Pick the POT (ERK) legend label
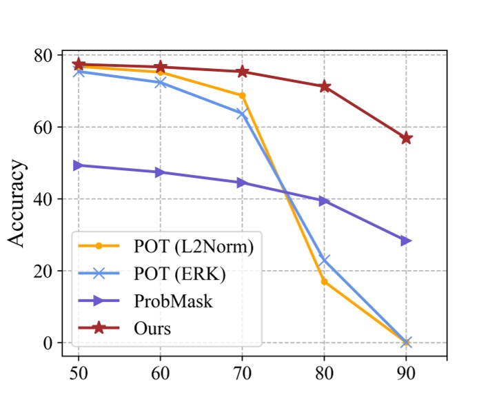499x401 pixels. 181,273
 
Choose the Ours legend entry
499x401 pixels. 152,328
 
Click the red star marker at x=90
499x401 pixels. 406,138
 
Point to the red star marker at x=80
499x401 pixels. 324,87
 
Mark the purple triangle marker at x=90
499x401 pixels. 406,240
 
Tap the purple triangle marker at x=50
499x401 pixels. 79,165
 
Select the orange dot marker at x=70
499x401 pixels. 242,96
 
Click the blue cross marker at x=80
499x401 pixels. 324,260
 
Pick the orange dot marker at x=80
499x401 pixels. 324,281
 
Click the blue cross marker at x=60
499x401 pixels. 161,83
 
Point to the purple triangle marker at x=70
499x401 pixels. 242,183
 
